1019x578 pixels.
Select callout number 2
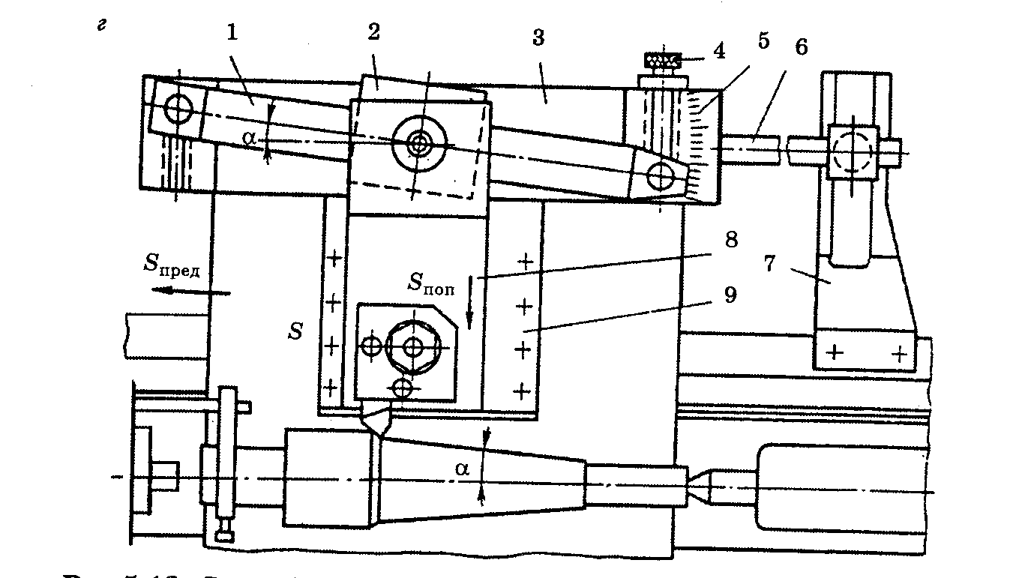(x=373, y=34)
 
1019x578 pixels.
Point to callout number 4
(x=718, y=52)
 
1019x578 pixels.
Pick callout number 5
(x=763, y=41)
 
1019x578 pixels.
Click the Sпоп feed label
(x=431, y=283)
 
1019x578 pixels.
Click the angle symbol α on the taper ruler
(x=249, y=138)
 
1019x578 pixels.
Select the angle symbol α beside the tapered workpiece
(x=463, y=469)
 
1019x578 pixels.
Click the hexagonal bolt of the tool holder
(x=413, y=347)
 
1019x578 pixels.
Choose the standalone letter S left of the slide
(x=296, y=331)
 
